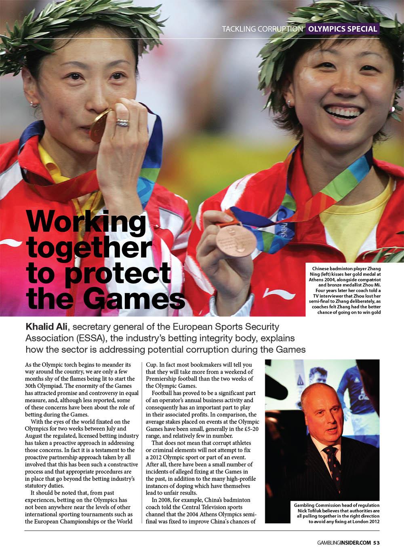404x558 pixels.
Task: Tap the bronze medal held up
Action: [236, 240]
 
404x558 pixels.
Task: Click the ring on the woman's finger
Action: [123, 122]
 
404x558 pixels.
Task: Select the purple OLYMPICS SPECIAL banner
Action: [343, 29]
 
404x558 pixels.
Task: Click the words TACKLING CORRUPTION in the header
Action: [262, 29]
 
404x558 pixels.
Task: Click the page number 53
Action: [376, 542]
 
